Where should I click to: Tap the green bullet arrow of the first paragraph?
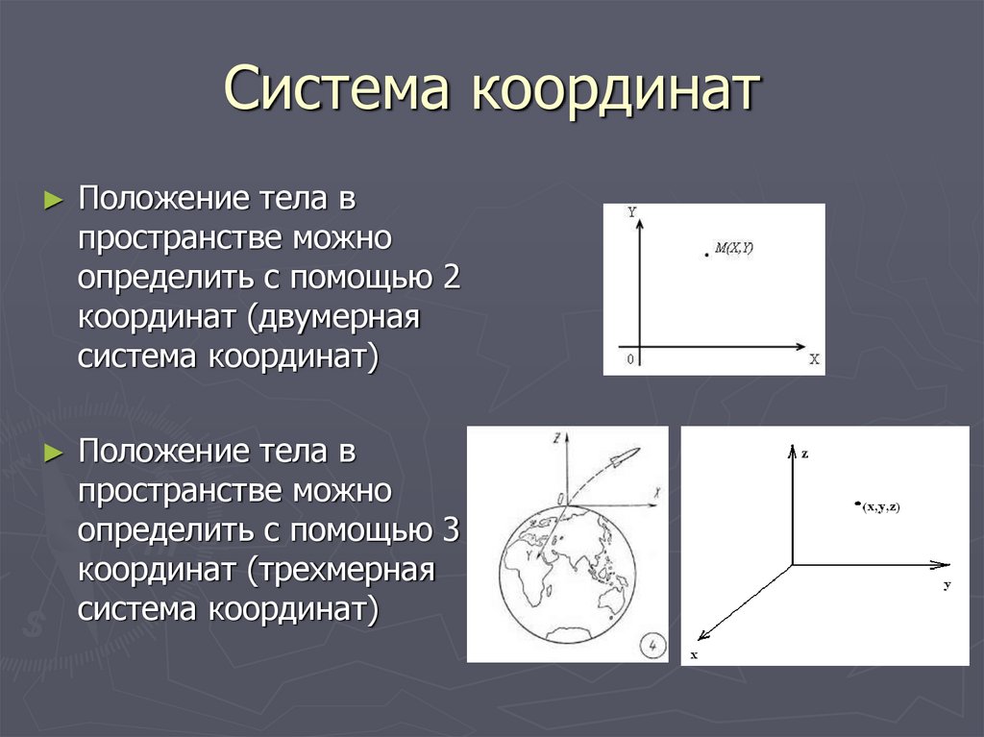pos(54,201)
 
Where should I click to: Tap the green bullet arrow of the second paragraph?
pos(54,452)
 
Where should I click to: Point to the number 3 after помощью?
pos(453,529)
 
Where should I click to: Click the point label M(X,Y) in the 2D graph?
pos(733,249)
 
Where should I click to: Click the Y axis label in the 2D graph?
pos(631,213)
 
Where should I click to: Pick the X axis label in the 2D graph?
pos(813,359)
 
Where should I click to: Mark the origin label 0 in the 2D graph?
pos(629,359)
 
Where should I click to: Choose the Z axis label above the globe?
pos(556,437)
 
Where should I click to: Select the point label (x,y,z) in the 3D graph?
pos(880,505)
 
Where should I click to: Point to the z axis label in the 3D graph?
pos(804,453)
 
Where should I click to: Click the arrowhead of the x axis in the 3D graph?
pos(702,634)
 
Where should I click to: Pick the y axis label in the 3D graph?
pos(946,584)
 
